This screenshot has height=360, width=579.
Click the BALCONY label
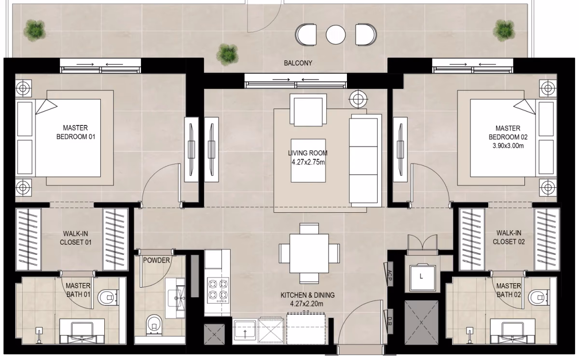pos(298,63)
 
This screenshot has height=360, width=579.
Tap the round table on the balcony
pos(335,34)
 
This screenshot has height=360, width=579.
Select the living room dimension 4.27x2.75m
pos(308,162)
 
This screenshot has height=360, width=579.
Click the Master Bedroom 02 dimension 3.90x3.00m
pos(508,146)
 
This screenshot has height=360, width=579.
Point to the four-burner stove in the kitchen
pos(218,290)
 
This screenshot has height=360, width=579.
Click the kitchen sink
pos(245,329)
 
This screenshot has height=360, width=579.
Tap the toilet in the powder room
pos(154,324)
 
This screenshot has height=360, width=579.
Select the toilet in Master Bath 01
pos(108,297)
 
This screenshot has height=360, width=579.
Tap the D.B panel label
pos(390,321)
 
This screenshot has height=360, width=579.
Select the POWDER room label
pos(156,260)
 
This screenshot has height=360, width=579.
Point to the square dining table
pos(309,253)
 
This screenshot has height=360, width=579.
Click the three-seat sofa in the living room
pos(365,160)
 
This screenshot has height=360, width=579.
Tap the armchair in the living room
pos(308,110)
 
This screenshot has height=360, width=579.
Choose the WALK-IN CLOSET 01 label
pos(75,238)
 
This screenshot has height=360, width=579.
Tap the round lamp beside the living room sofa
pos(358,99)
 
